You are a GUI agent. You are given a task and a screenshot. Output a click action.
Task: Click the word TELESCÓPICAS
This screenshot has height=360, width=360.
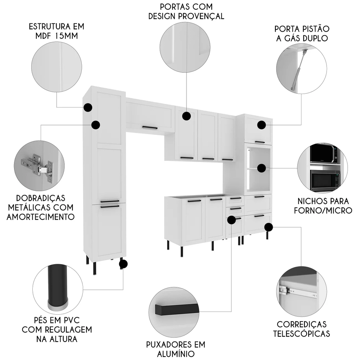(301, 334)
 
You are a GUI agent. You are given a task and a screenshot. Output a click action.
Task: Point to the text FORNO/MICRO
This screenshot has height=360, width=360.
(323, 210)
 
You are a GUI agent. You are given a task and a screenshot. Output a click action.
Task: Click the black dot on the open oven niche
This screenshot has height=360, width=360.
(262, 167)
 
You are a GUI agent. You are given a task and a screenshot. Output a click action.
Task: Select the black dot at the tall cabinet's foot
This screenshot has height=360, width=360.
(123, 264)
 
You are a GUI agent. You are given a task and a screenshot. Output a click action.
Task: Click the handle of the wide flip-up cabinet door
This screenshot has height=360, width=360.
(150, 127)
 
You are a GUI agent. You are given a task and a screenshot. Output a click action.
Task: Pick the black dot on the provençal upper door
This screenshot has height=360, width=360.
(186, 116)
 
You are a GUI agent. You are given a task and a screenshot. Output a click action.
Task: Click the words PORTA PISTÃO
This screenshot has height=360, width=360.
(302, 28)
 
